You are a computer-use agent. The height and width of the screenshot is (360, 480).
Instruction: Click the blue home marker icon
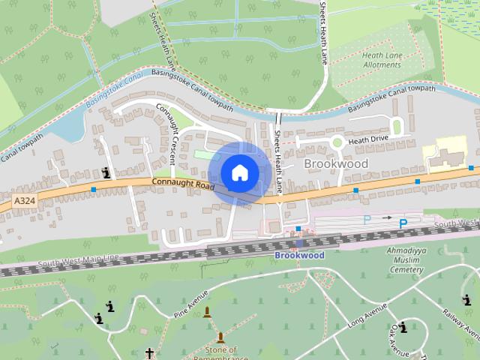pyautogui.click(x=239, y=172)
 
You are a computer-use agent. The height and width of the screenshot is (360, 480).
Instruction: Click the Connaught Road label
pyautogui.click(x=183, y=183)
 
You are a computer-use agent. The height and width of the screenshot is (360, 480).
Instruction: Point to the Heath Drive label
pyautogui.click(x=369, y=139)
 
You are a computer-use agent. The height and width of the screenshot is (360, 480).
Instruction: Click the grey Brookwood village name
pyautogui.click(x=336, y=163)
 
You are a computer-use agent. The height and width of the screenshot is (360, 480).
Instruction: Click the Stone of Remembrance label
pyautogui.click(x=220, y=353)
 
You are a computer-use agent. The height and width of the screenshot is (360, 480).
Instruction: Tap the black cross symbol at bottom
pyautogui.click(x=149, y=352)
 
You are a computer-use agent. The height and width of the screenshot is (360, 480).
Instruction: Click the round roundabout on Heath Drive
pyautogui.click(x=337, y=141)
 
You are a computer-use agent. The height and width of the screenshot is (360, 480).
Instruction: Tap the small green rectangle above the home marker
pyautogui.click(x=203, y=154)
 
